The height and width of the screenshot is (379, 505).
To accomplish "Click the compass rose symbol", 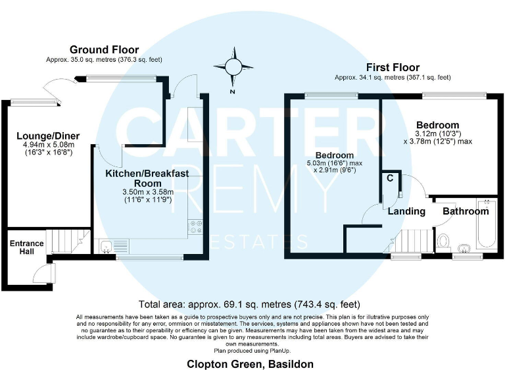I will [233, 68].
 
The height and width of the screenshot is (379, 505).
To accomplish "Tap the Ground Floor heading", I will [105, 49].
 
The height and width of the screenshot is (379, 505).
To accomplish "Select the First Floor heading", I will [393, 67].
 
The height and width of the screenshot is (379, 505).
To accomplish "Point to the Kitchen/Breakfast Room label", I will [147, 178].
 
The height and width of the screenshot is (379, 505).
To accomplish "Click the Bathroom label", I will [466, 211].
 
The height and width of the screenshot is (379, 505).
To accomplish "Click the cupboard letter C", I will [390, 178].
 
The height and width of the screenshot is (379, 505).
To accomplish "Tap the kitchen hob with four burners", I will [196, 226].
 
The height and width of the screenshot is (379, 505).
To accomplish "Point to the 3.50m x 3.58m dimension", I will [147, 191].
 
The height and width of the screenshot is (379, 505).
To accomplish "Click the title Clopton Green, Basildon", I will [250, 364].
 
